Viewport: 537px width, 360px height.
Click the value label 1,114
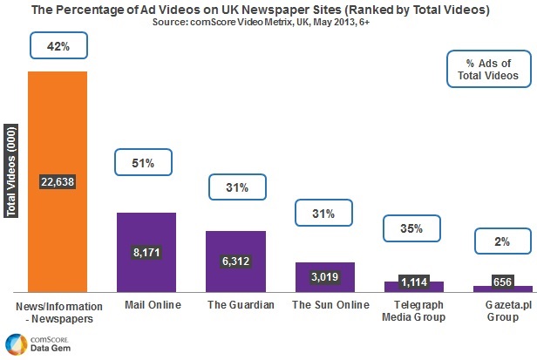point(414,282)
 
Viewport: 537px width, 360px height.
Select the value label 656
point(503,282)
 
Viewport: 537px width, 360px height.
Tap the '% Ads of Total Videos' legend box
point(488,70)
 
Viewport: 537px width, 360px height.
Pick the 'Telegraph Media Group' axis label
point(414,311)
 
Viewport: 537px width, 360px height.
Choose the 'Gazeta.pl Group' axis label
point(503,311)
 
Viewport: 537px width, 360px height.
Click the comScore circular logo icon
point(13,343)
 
